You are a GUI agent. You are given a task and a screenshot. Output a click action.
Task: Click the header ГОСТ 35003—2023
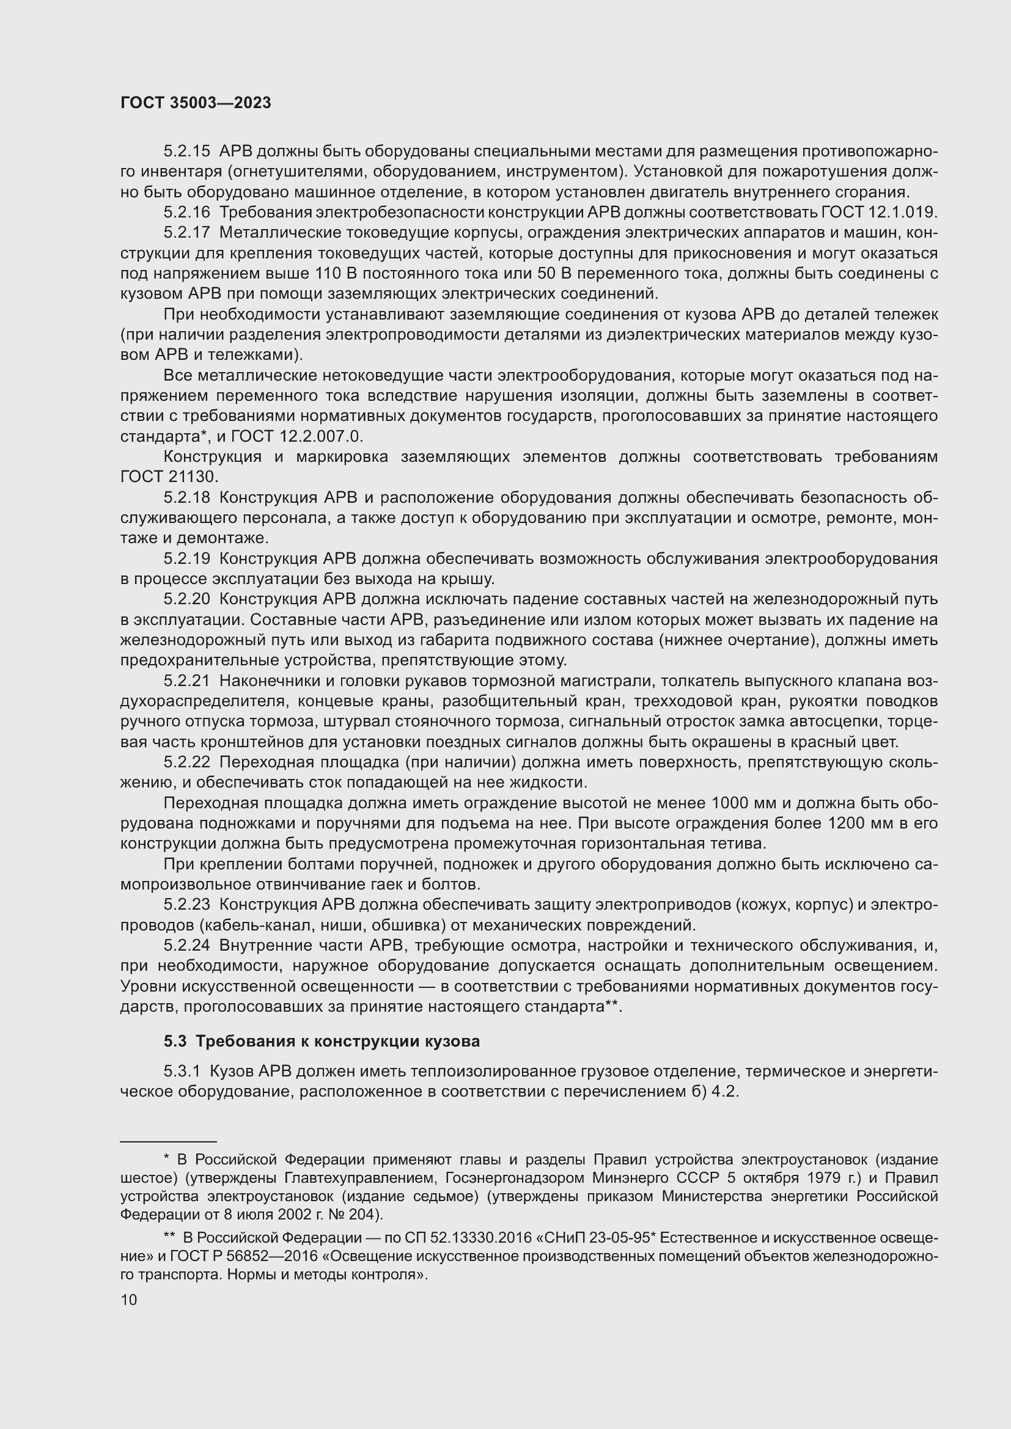click(196, 103)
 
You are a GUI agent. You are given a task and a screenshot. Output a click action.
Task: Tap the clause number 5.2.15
click(187, 152)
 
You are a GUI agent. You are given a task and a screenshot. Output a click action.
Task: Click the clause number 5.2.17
click(187, 233)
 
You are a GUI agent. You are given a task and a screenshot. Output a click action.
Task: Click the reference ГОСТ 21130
click(169, 477)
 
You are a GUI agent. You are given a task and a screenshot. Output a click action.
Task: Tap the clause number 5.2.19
click(187, 558)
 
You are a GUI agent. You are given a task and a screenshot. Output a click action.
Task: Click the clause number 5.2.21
click(187, 681)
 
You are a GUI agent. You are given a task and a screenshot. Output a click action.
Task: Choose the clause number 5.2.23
click(187, 904)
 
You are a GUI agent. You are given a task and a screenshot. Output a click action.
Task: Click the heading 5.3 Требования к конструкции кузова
click(322, 1041)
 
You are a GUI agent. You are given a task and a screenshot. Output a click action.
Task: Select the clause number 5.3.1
click(182, 1072)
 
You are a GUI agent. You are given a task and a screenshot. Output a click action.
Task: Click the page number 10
click(129, 1299)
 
